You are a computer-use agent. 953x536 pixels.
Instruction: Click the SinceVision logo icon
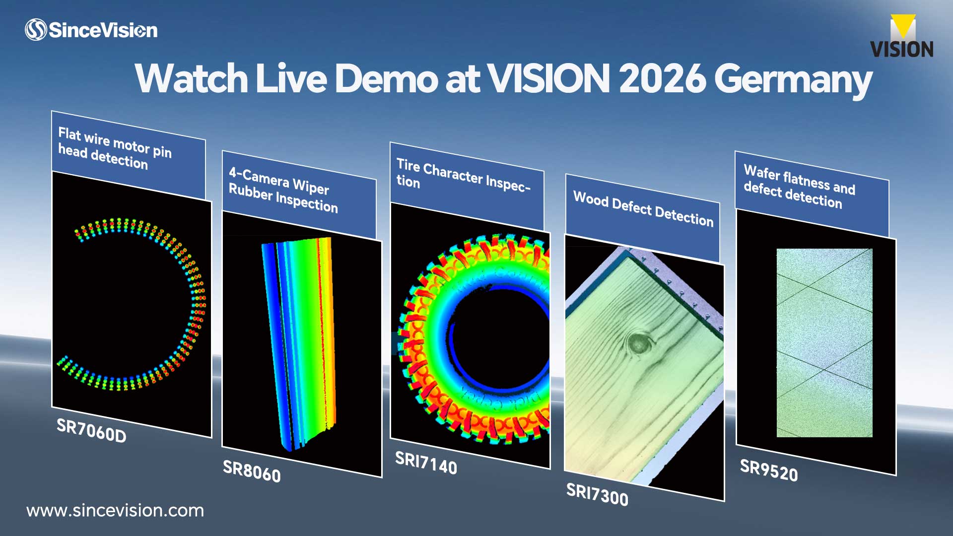coord(36,30)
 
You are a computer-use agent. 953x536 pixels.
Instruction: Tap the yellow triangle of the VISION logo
coord(903,25)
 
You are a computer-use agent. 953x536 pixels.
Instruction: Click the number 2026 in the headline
coord(662,78)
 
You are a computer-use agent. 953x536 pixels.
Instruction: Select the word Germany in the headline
coord(793,81)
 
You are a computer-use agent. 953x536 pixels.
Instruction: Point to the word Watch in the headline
coord(191,78)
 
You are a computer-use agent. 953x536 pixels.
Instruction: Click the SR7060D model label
coord(91,430)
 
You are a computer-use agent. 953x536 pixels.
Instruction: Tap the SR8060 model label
coord(252,471)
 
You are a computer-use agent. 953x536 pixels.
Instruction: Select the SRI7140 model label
coord(426,463)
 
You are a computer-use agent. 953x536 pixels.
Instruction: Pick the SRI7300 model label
coord(597,494)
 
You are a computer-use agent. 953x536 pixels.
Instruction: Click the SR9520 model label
coord(769,470)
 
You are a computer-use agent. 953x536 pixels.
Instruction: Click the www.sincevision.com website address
coord(115,511)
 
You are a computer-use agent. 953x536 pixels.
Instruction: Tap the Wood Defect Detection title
coord(643,209)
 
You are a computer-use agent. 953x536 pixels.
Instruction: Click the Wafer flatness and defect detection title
coord(799,187)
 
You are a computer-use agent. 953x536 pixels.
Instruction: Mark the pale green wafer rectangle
coord(824,343)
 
